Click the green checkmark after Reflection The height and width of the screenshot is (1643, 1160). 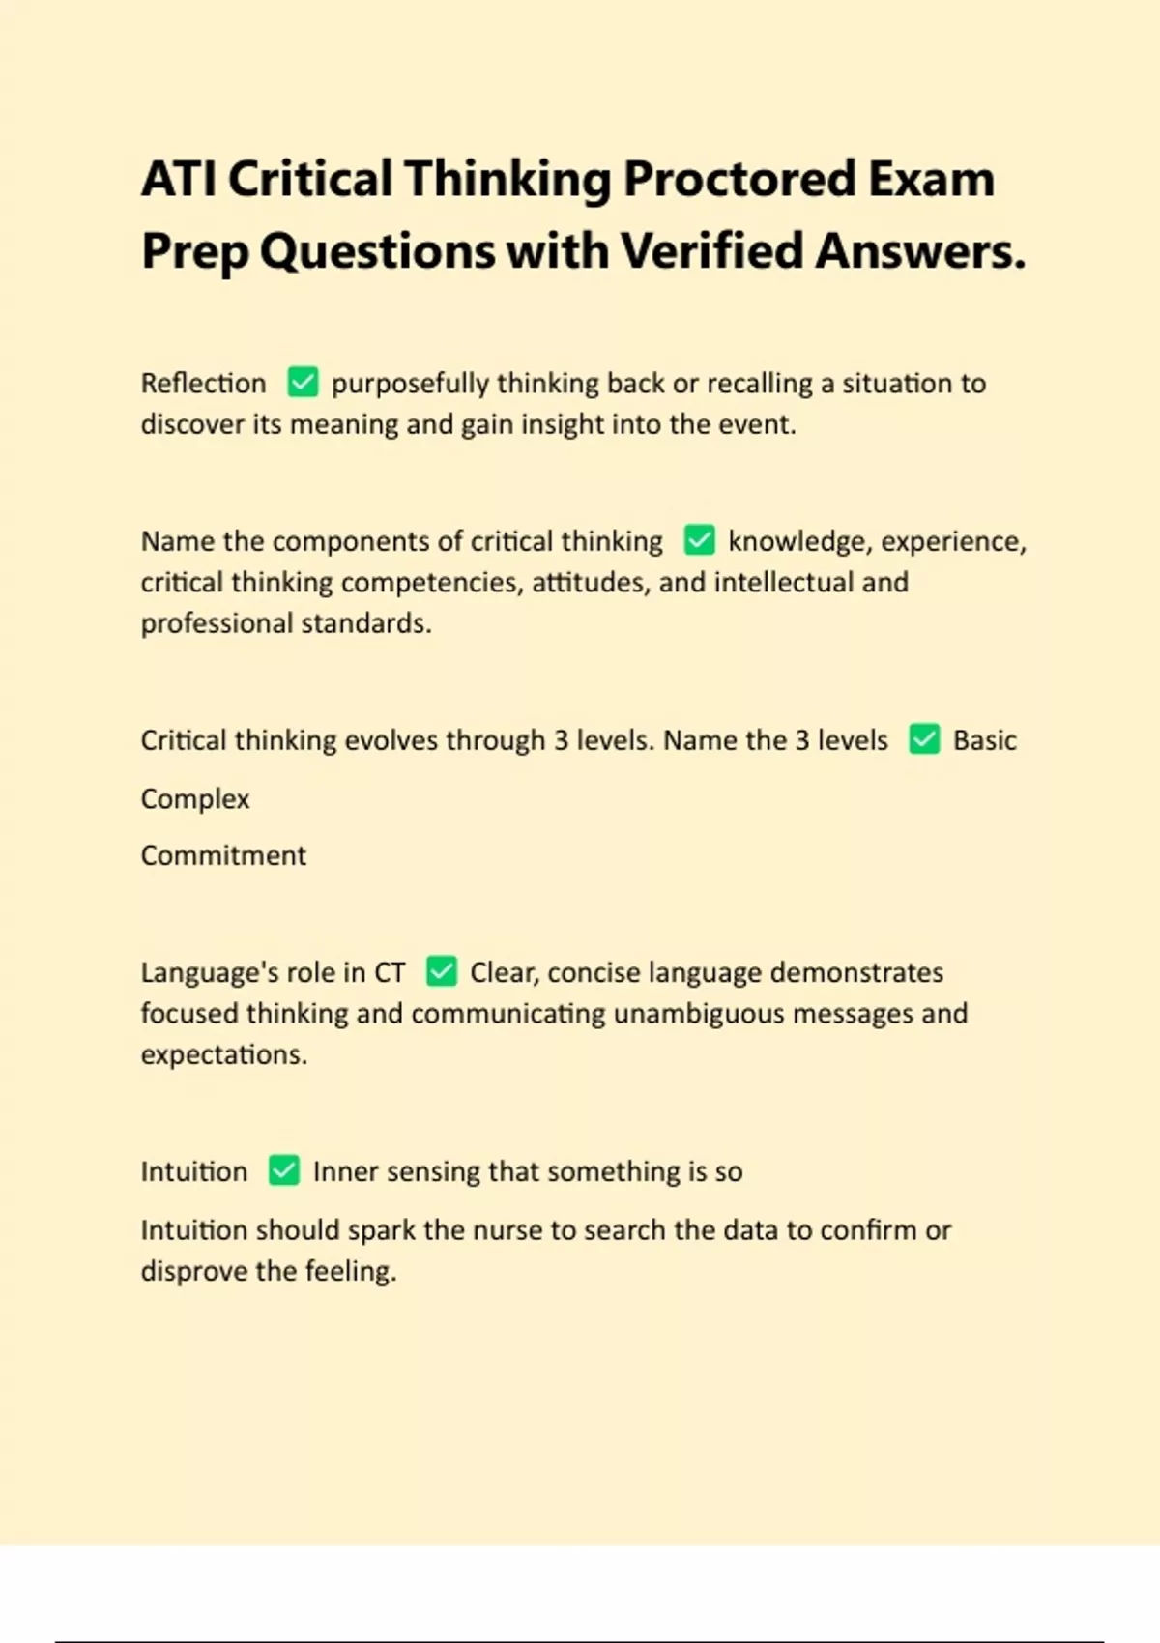tap(303, 382)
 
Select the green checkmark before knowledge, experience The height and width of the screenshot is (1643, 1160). tap(699, 539)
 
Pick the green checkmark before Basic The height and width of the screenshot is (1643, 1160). tap(924, 739)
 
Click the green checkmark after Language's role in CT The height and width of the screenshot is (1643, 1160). tap(442, 970)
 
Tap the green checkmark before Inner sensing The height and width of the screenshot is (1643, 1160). tap(284, 1170)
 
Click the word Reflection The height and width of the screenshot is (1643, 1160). tap(203, 384)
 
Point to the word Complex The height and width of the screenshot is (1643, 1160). tap(195, 799)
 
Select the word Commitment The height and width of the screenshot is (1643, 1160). tap(223, 855)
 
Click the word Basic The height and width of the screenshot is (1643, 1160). tap(984, 740)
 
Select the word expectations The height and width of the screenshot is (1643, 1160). tap(223, 1054)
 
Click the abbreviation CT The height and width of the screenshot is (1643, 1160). tap(390, 972)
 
